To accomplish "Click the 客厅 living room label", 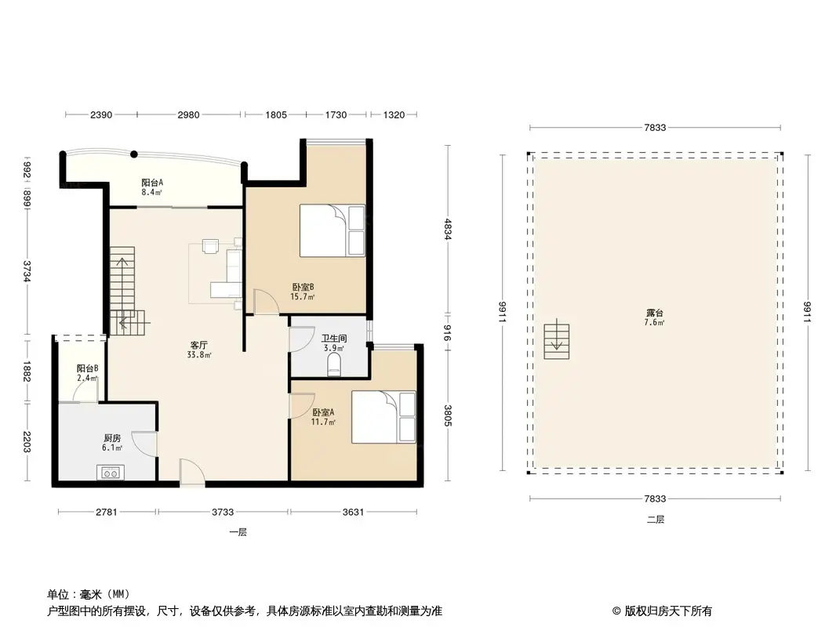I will click(x=199, y=345).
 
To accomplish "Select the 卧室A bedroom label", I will click(x=322, y=413).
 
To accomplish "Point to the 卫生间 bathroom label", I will click(x=333, y=339).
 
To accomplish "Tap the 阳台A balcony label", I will click(x=152, y=183).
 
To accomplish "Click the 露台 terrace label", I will click(x=655, y=313).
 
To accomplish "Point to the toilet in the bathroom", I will click(x=334, y=364).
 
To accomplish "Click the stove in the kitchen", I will click(x=110, y=472).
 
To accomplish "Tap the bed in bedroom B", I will click(x=333, y=230).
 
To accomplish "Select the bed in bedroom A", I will click(x=383, y=417).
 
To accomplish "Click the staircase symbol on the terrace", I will click(x=556, y=339).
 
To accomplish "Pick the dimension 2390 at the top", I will click(x=101, y=114).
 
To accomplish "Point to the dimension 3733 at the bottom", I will click(x=223, y=513).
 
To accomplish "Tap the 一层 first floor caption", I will click(x=238, y=532).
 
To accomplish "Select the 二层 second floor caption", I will click(x=655, y=519).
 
